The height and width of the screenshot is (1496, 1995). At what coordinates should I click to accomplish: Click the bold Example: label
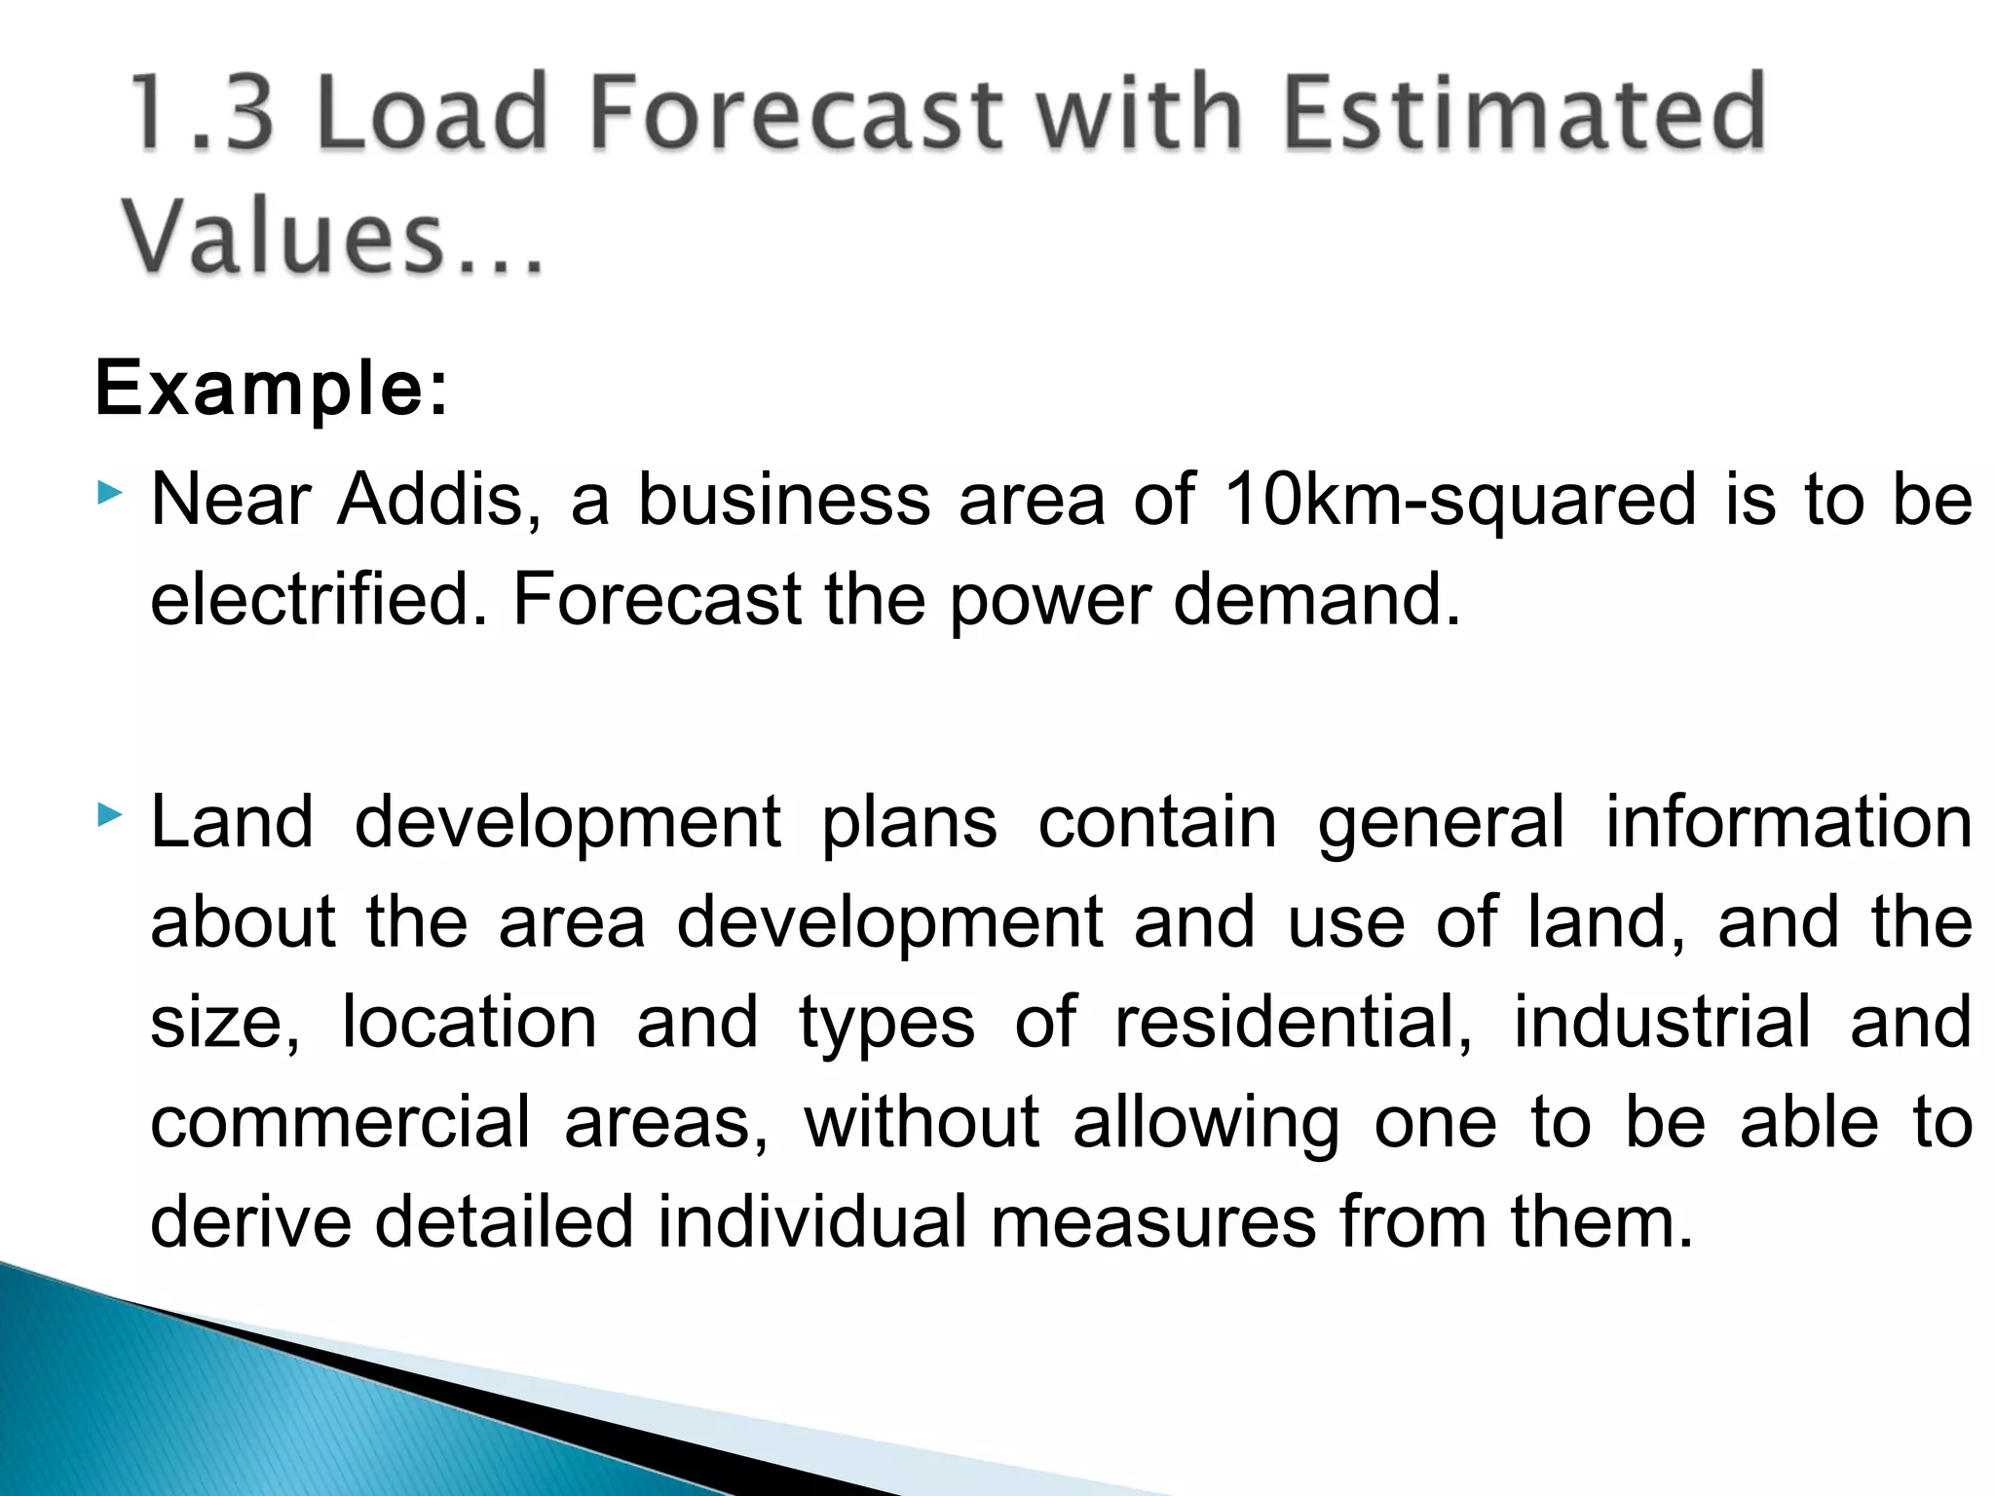(x=272, y=389)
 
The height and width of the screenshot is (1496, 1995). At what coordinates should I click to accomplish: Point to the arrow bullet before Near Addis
(x=110, y=493)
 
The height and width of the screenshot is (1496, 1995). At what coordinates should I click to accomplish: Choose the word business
(x=784, y=500)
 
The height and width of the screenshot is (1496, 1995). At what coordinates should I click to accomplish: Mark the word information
(x=1788, y=823)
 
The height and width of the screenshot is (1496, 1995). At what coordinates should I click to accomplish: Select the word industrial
(x=1662, y=1023)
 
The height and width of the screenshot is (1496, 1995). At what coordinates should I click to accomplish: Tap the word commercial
(x=341, y=1122)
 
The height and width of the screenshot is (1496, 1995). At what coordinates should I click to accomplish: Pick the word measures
(x=1153, y=1221)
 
